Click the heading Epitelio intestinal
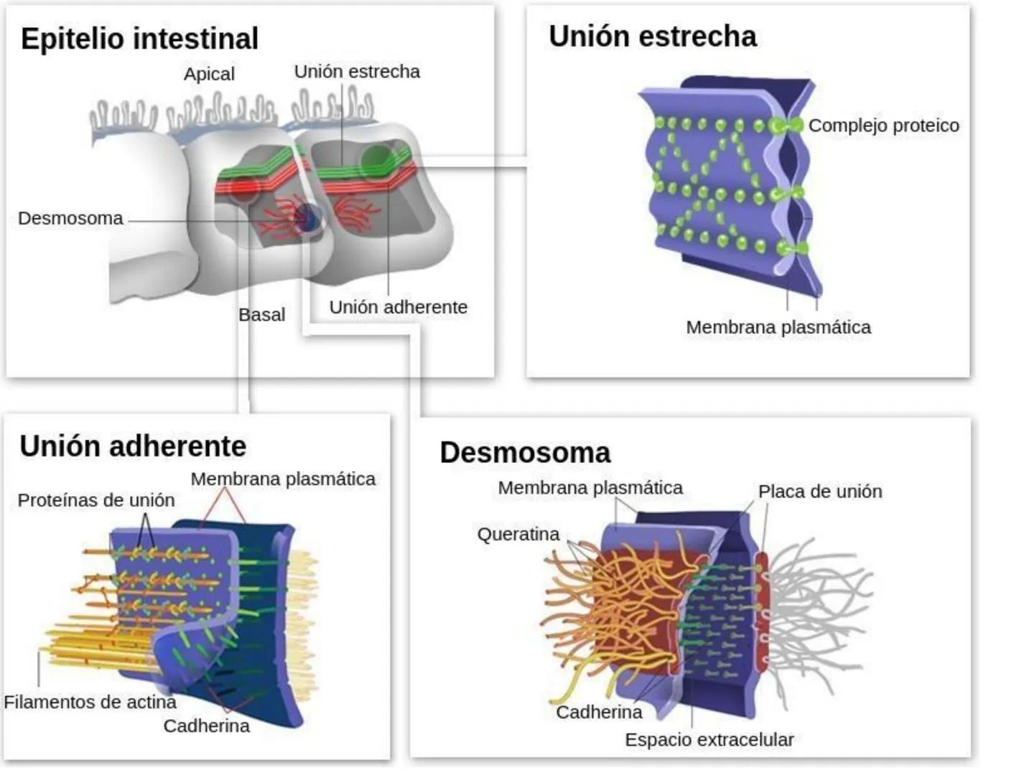pyautogui.click(x=139, y=39)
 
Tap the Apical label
pyautogui.click(x=209, y=74)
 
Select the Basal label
pyautogui.click(x=261, y=314)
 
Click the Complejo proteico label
pyautogui.click(x=883, y=126)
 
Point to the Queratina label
pyautogui.click(x=518, y=535)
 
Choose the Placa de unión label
pyautogui.click(x=820, y=492)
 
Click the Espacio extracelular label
pyautogui.click(x=709, y=740)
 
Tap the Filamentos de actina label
pyautogui.click(x=90, y=702)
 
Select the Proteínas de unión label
pyautogui.click(x=96, y=500)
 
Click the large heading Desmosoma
pyautogui.click(x=525, y=453)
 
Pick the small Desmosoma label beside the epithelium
pyautogui.click(x=70, y=218)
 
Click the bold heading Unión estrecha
pyautogui.click(x=652, y=37)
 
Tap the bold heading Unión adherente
pyautogui.click(x=133, y=446)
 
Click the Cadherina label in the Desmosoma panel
pyautogui.click(x=599, y=712)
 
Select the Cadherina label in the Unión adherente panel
pyautogui.click(x=206, y=725)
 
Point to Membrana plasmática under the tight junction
pyautogui.click(x=778, y=327)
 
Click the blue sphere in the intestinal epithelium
pyautogui.click(x=308, y=217)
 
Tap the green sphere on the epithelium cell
pyautogui.click(x=375, y=160)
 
